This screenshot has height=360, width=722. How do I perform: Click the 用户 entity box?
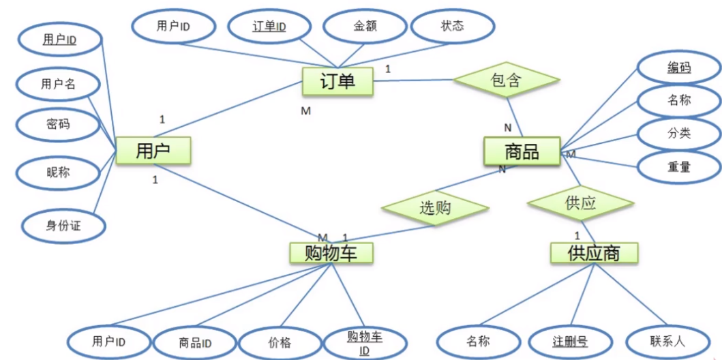153,151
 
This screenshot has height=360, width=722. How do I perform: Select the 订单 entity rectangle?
337,82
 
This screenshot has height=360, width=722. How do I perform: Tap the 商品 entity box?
522,151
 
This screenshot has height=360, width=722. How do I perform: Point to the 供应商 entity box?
594,253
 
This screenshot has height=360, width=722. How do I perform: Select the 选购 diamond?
435,208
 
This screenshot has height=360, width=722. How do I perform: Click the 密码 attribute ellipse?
58,125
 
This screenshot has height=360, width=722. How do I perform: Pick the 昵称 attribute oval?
58,173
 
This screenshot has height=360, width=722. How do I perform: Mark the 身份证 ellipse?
63,224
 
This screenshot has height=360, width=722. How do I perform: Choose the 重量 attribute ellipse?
679,167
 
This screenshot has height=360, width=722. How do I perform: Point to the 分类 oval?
679,134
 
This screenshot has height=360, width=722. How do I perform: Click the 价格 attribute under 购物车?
280,343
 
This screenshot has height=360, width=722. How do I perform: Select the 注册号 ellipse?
570,342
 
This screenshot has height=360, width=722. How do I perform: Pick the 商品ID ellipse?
196,343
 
